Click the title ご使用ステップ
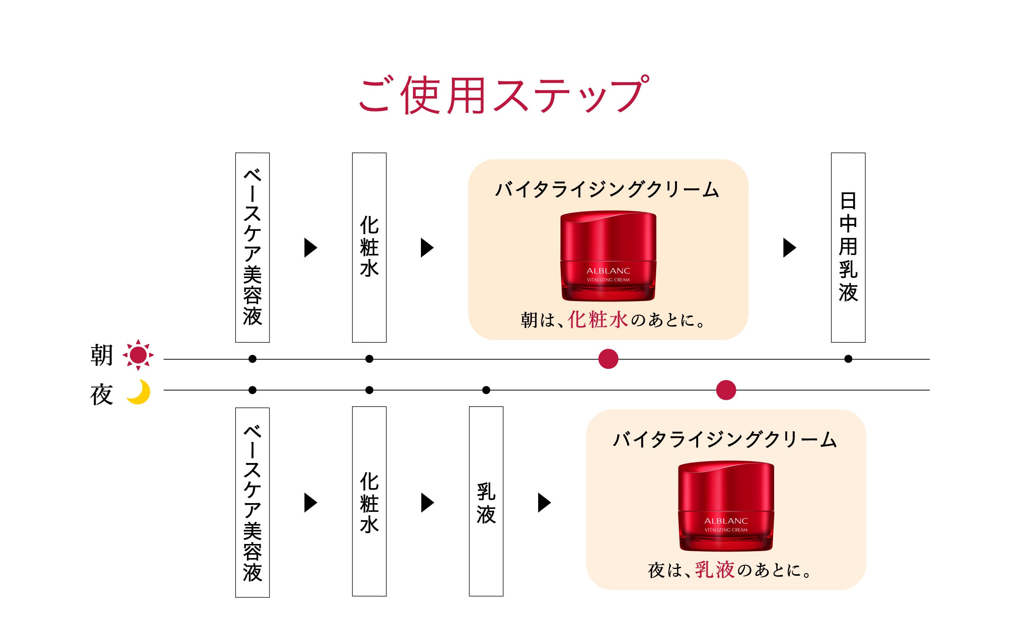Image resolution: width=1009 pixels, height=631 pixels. click(x=504, y=95)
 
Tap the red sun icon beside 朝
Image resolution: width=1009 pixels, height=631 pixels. click(x=138, y=355)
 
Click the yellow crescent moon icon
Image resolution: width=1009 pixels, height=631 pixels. click(x=139, y=392)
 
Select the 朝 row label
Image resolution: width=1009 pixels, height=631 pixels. click(x=101, y=356)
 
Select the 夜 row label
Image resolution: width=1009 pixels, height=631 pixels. click(x=101, y=395)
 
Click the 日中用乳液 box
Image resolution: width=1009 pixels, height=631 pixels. click(x=848, y=247)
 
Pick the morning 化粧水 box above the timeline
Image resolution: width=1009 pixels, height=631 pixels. click(x=369, y=247)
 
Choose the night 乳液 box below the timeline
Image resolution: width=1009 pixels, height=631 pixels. click(x=486, y=501)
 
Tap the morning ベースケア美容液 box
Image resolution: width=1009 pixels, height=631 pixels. click(x=252, y=247)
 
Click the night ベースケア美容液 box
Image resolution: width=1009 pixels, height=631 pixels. click(x=252, y=502)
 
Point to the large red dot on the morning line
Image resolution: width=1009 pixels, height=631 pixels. click(x=608, y=359)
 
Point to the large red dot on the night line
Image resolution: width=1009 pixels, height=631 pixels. click(x=726, y=390)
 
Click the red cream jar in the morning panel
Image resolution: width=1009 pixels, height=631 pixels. click(x=608, y=256)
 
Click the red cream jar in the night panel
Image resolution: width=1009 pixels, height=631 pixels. click(x=726, y=506)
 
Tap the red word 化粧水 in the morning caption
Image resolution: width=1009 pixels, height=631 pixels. click(x=598, y=320)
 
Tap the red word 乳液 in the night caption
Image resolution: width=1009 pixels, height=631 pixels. click(x=714, y=570)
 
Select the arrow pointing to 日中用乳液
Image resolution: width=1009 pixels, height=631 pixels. click(x=789, y=248)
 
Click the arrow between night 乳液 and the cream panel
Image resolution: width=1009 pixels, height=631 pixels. click(x=544, y=502)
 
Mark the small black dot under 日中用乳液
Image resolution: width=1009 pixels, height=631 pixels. click(x=848, y=359)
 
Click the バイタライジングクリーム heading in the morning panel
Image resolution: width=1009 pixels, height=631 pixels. click(x=607, y=190)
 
